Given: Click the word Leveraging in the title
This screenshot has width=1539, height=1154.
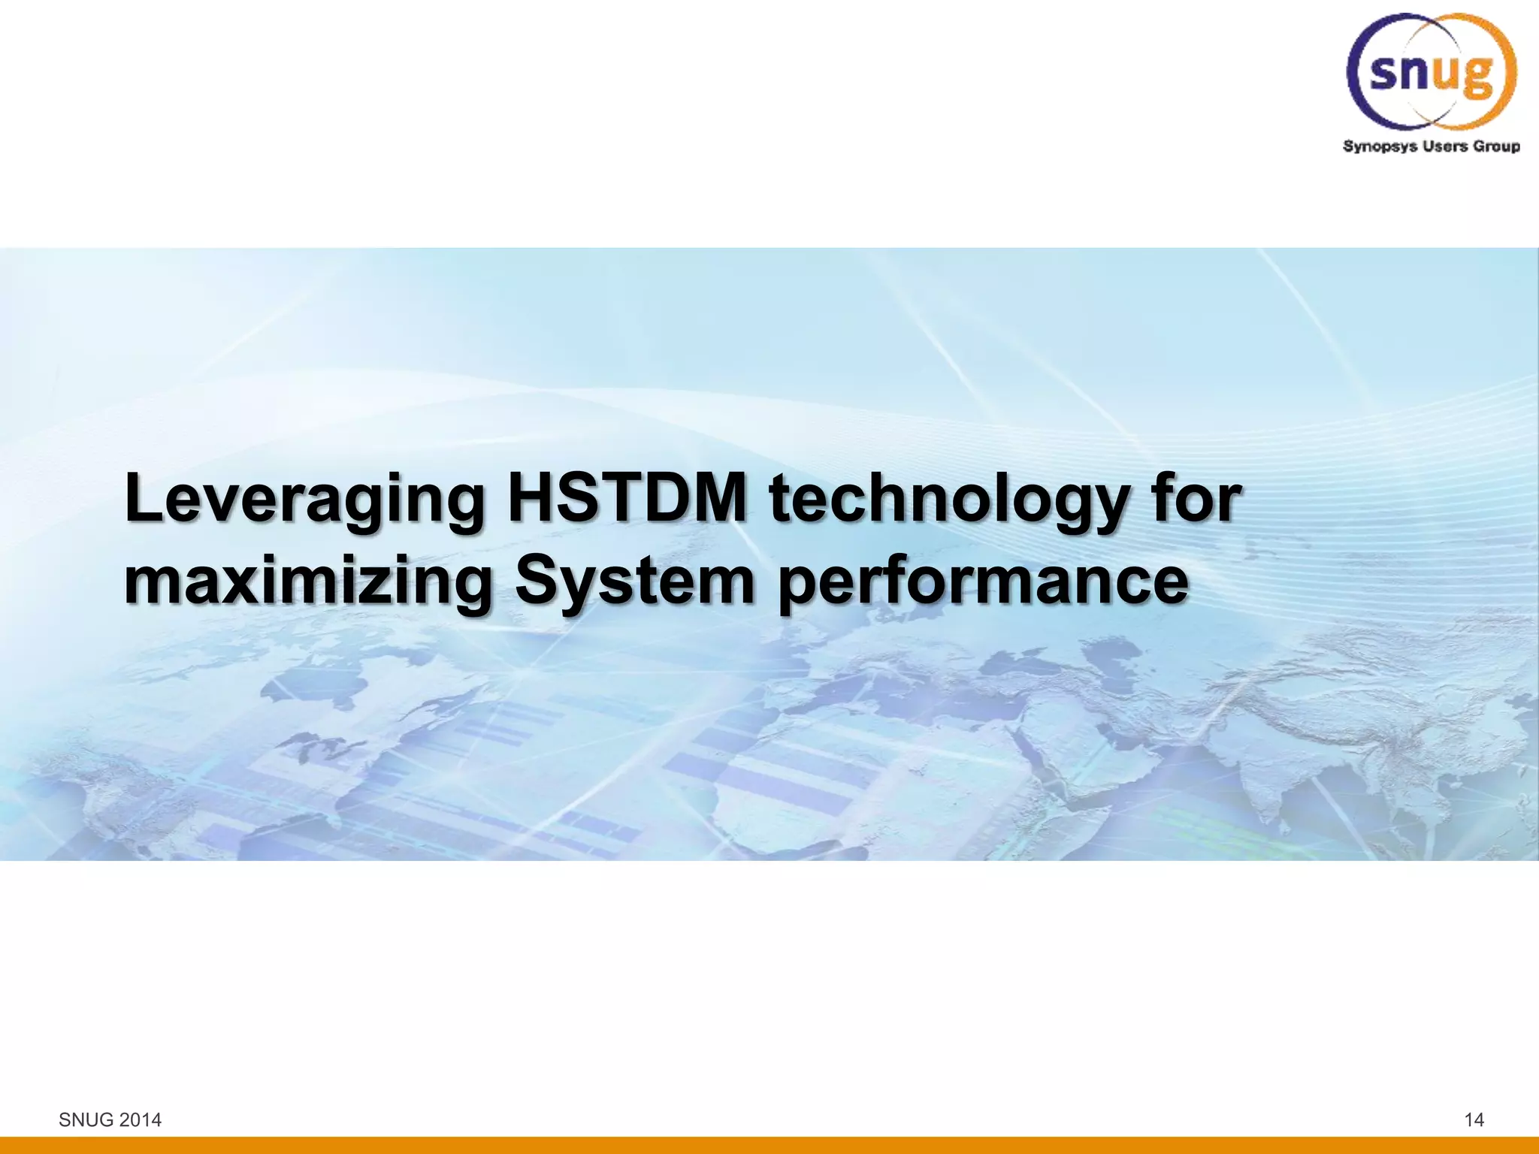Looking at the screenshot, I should point(304,500).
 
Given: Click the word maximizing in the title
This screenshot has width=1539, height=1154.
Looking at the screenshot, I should point(308,582).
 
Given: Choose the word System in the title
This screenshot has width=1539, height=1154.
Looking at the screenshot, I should point(635,582).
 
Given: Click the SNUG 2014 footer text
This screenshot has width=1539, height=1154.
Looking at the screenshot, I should point(110,1120).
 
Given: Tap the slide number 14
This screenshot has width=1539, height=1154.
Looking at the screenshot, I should point(1474,1120).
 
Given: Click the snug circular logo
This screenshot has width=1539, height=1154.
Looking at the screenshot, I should point(1432,71).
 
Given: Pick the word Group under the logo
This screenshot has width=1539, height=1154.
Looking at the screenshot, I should point(1496,146).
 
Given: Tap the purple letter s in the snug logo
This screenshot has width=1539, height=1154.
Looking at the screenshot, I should point(1384,73).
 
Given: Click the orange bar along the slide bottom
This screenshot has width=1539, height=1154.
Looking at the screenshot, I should point(769,1146).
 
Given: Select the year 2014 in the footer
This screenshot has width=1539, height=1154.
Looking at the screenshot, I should point(141,1120).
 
